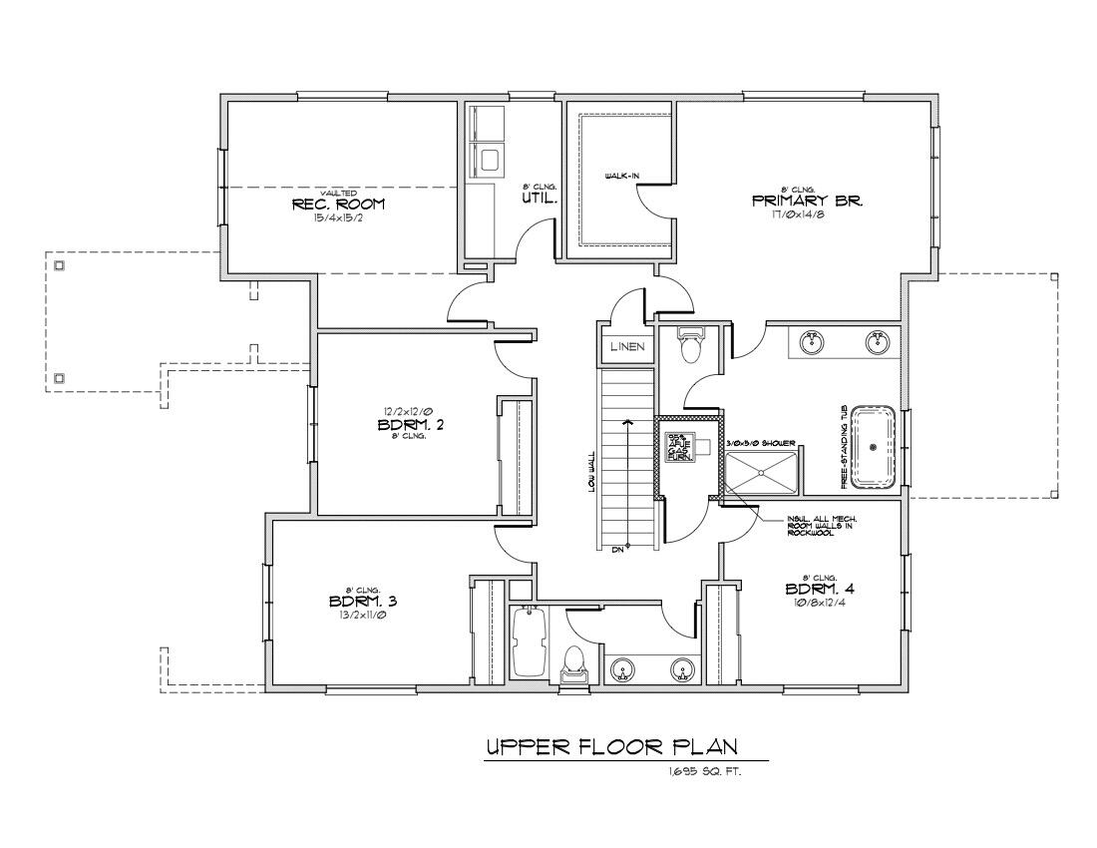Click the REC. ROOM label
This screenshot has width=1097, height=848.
pyautogui.click(x=337, y=204)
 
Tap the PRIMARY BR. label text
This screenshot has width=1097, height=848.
pyautogui.click(x=807, y=201)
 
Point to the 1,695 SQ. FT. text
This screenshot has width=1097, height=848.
pyautogui.click(x=706, y=772)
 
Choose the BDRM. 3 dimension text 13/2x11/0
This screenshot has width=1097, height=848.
pyautogui.click(x=363, y=615)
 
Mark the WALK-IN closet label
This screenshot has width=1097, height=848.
pyautogui.click(x=622, y=177)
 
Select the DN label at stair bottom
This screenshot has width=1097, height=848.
pyautogui.click(x=618, y=547)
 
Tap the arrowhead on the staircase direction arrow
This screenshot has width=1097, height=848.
pyautogui.click(x=627, y=423)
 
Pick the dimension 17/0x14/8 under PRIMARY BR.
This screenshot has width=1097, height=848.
pyautogui.click(x=807, y=213)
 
